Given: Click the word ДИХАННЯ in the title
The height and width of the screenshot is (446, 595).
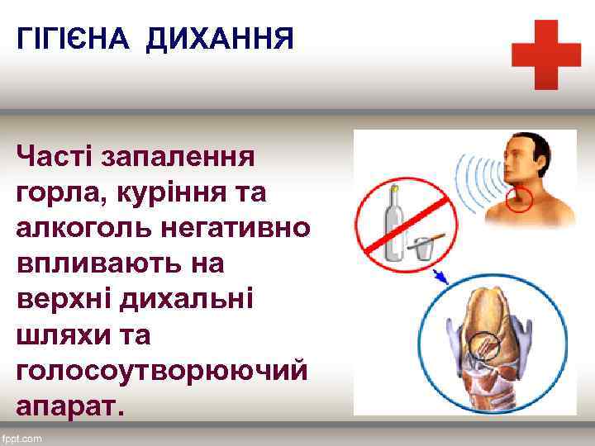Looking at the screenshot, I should point(219,39).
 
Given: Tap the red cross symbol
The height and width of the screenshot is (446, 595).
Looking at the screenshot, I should point(545,55).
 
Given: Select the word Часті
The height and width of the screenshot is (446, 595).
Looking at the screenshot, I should point(59,154).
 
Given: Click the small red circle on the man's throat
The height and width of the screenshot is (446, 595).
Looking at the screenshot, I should point(519,198).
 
